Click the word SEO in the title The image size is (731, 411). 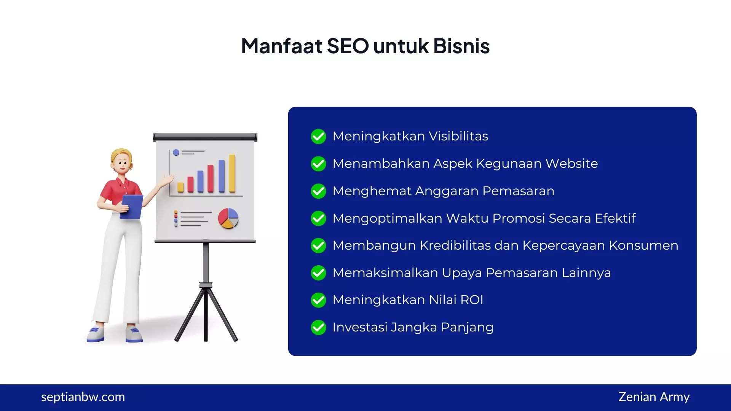pos(348,46)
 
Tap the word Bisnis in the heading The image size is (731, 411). pos(461,46)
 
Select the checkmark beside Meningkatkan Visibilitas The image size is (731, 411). pos(318,136)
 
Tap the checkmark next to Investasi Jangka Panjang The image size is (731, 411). pos(318,327)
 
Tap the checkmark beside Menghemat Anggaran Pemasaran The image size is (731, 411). pos(318,191)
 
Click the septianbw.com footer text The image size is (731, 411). pos(83,397)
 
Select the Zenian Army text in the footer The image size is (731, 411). pos(654,397)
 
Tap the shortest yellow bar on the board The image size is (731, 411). pos(180,187)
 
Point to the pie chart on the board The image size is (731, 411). pos(228,218)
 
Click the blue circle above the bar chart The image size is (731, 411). pos(176,153)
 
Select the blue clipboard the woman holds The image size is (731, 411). pos(132,206)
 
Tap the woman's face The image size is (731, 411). pos(122,165)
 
